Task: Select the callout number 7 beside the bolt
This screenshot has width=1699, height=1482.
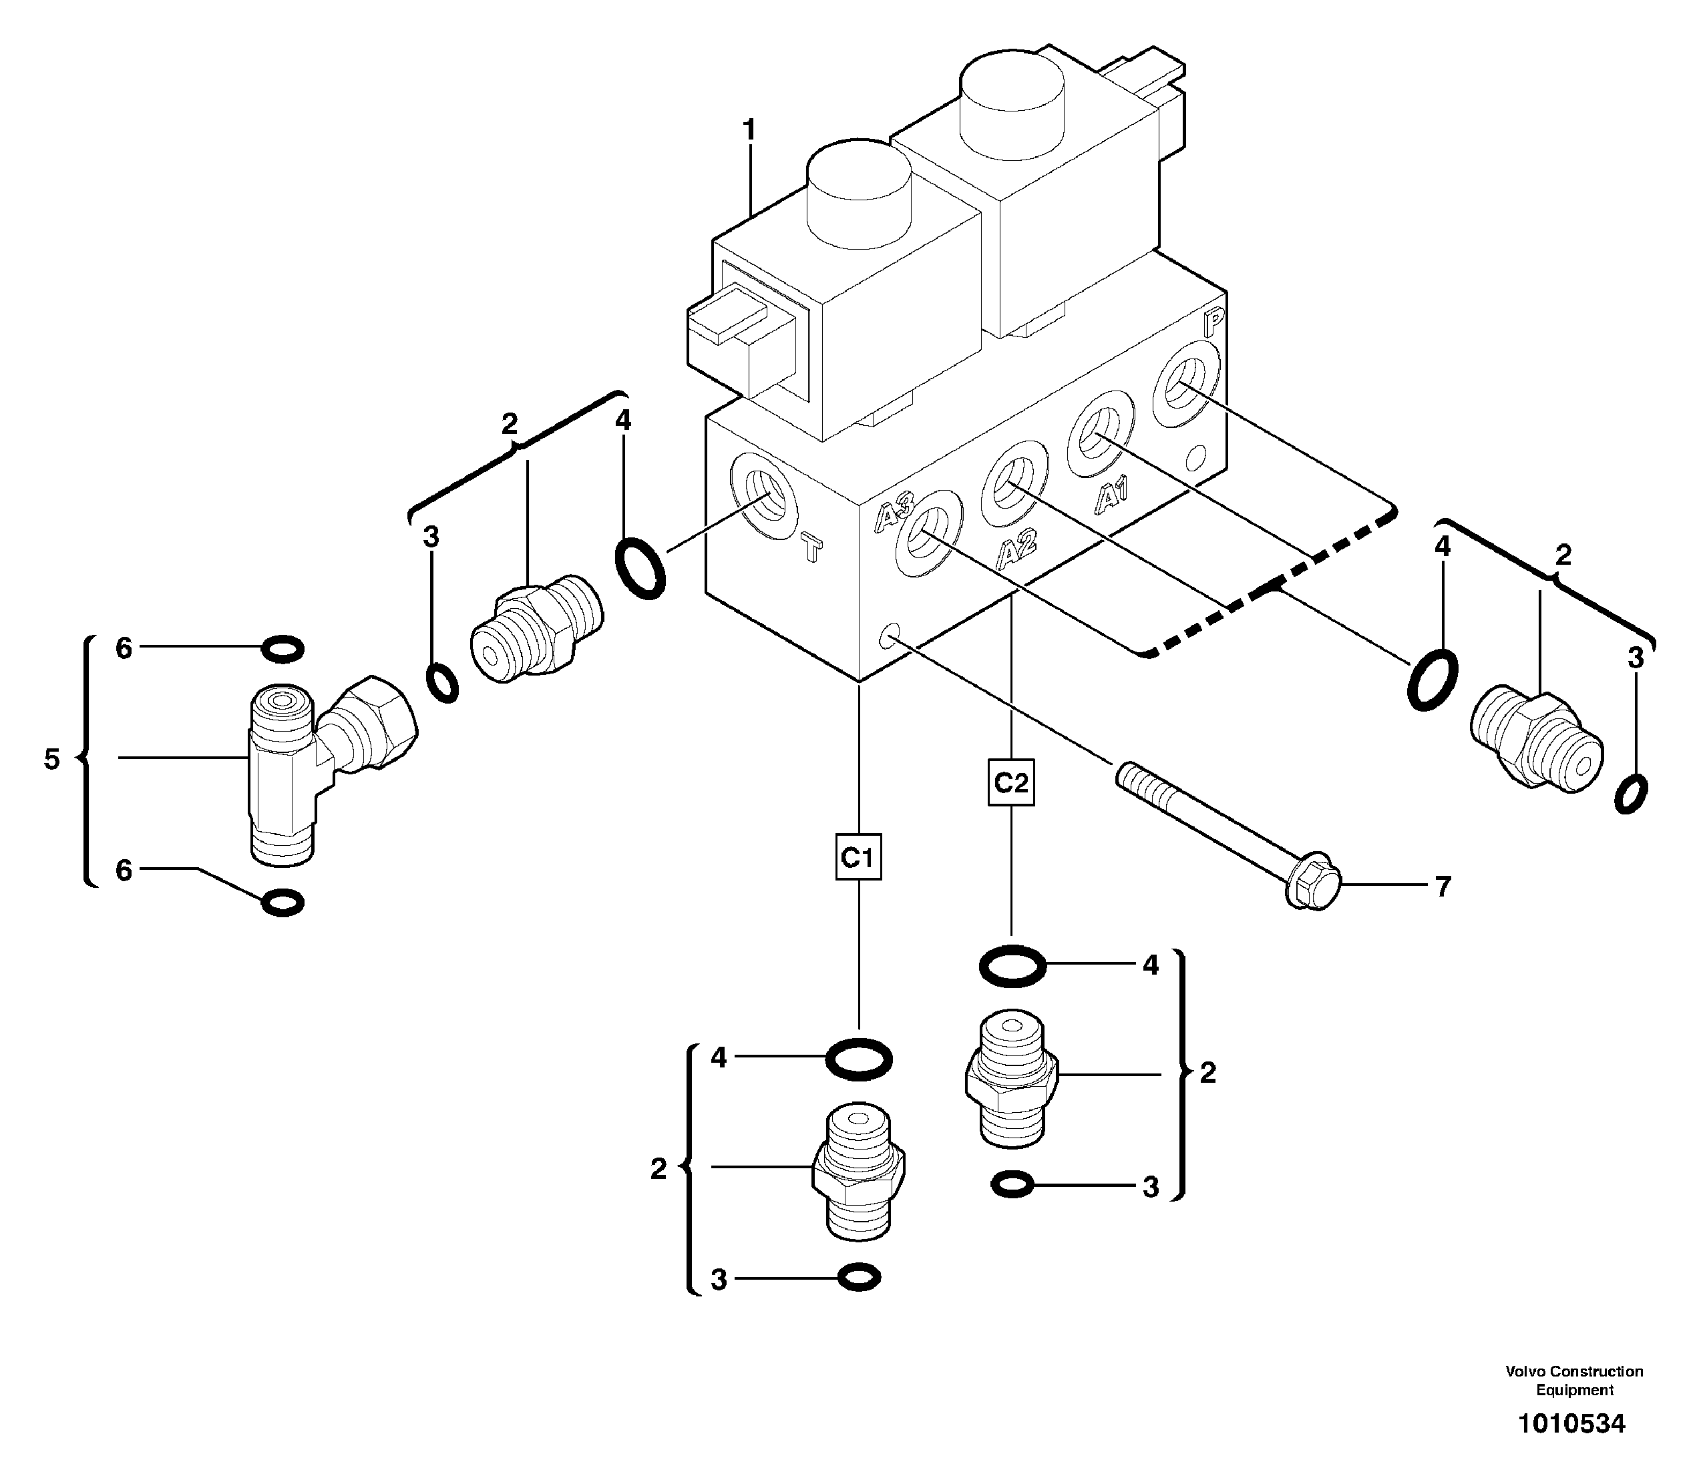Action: click(x=1443, y=887)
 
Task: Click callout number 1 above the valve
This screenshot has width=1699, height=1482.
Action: click(x=749, y=131)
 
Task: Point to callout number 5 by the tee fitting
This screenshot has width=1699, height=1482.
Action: click(x=52, y=758)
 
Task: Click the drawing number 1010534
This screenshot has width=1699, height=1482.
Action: click(x=1571, y=1423)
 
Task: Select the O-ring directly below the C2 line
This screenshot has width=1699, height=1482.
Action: click(x=1012, y=965)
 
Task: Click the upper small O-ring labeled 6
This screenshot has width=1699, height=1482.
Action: click(x=281, y=649)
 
